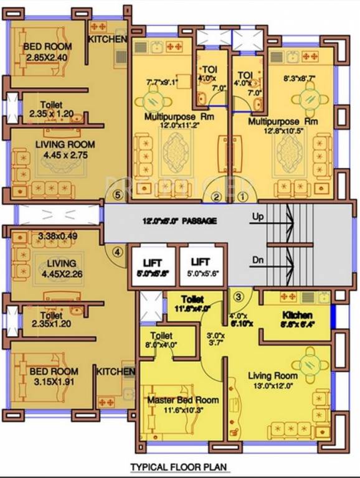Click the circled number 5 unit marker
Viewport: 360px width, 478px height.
point(118,194)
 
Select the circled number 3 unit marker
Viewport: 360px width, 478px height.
point(238,295)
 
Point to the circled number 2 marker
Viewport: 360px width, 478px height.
point(216,197)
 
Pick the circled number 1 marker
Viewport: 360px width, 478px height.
point(244,197)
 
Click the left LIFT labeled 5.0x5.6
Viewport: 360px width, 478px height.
point(153,266)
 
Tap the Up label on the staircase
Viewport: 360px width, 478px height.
point(259,217)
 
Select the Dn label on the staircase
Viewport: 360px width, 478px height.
point(259,260)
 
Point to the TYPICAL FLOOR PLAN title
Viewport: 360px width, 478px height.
point(178,466)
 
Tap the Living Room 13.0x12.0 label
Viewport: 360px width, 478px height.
point(273,381)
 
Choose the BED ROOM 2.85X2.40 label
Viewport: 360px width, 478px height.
point(47,52)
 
